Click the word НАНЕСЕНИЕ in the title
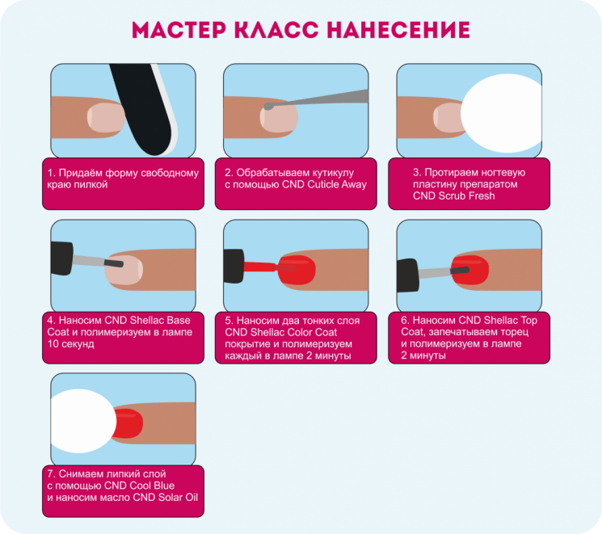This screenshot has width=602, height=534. (x=398, y=30)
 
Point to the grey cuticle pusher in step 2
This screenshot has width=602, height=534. (x=316, y=99)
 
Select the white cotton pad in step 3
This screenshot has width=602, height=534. (x=501, y=113)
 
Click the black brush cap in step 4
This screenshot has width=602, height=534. (x=61, y=259)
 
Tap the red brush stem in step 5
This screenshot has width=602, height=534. (x=260, y=267)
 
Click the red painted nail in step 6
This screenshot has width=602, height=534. (x=470, y=270)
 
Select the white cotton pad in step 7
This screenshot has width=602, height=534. (x=83, y=421)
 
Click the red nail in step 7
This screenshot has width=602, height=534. (x=128, y=423)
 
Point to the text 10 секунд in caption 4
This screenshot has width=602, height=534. (x=70, y=344)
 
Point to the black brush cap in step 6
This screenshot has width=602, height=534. (x=408, y=275)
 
